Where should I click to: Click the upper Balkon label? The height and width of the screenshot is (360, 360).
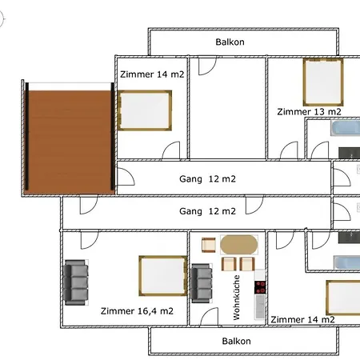230,42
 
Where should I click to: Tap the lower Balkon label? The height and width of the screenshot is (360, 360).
236,341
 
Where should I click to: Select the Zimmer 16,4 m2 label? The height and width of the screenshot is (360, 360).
137,311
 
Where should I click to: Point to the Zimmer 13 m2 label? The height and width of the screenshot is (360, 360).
309,112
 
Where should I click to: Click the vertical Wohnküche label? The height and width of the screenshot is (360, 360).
237,298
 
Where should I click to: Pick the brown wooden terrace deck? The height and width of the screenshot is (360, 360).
70,142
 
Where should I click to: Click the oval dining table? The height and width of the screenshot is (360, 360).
239,245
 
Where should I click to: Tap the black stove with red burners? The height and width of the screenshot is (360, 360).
260,287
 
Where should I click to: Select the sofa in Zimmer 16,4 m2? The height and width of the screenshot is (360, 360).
76,282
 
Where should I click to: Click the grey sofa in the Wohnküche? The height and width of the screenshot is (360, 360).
202,283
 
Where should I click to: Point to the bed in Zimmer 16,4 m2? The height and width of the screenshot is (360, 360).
163,276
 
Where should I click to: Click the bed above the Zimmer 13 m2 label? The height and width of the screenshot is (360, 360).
323,82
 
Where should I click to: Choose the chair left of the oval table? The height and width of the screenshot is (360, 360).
209,245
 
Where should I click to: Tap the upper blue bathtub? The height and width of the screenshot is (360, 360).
346,128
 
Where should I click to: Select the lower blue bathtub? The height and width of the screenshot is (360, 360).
347,262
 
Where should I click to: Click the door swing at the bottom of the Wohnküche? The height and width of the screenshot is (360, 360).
209,317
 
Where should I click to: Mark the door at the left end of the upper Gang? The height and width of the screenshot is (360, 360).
126,177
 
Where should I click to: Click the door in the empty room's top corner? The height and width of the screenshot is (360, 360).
207,66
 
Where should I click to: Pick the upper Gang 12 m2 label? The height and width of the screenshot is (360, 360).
207,179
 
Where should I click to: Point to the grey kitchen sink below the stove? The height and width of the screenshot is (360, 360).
260,306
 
